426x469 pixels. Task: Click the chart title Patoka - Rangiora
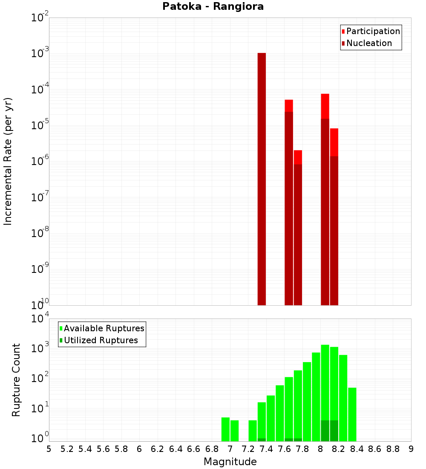pyautogui.click(x=213, y=6)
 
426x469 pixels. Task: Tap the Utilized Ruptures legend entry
pyautogui.click(x=101, y=340)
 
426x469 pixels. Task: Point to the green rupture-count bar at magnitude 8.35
pyautogui.click(x=352, y=414)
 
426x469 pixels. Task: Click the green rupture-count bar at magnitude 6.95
pyautogui.click(x=225, y=429)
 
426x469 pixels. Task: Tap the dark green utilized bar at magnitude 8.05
pyautogui.click(x=325, y=431)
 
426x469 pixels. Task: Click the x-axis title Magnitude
pyautogui.click(x=230, y=462)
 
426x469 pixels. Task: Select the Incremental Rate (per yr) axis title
pyautogui.click(x=8, y=161)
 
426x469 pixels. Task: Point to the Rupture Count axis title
pyautogui.click(x=16, y=379)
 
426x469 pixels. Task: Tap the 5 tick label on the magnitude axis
pyautogui.click(x=49, y=449)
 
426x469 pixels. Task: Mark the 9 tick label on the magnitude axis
pyautogui.click(x=411, y=449)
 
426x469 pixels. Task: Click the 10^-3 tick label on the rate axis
pyautogui.click(x=40, y=54)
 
